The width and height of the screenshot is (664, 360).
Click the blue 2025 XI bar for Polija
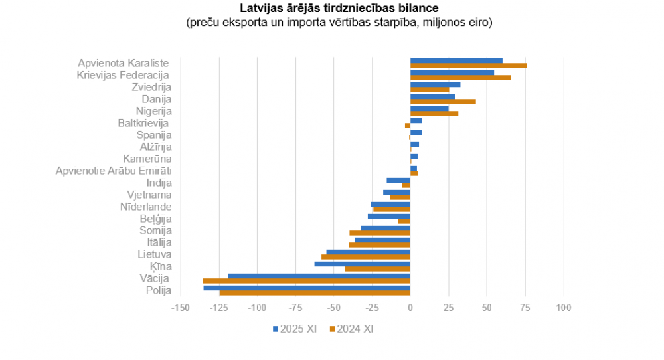pos(307,288)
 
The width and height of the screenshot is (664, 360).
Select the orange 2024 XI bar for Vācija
pos(307,281)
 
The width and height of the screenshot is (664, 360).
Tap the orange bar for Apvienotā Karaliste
pos(468,66)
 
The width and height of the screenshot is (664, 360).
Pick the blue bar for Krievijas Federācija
pos(452,72)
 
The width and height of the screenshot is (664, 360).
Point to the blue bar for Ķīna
pos(363,264)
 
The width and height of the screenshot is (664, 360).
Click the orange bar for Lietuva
pos(366,257)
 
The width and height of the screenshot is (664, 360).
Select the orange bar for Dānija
pos(443,102)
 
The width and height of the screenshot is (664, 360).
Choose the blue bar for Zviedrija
pos(435,84)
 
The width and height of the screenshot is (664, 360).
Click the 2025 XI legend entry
pos(294,329)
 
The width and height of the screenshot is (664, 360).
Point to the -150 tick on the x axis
pos(180,308)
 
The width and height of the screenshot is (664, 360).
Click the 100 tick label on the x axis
pos(564,308)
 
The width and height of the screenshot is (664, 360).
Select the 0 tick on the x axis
pos(410,308)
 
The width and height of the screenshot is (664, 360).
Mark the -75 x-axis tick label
pos(295,308)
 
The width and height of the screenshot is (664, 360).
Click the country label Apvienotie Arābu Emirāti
pos(114,171)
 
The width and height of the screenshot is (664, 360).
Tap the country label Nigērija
pos(153,111)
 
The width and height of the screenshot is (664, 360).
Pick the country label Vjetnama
pos(149,195)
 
